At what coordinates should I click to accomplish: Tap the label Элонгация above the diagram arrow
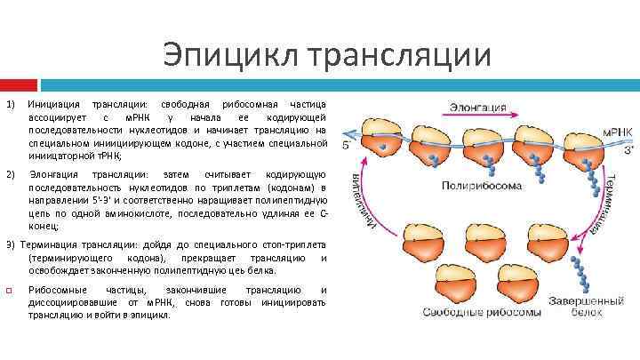(476, 107)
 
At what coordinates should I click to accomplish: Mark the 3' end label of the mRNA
(628, 149)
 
